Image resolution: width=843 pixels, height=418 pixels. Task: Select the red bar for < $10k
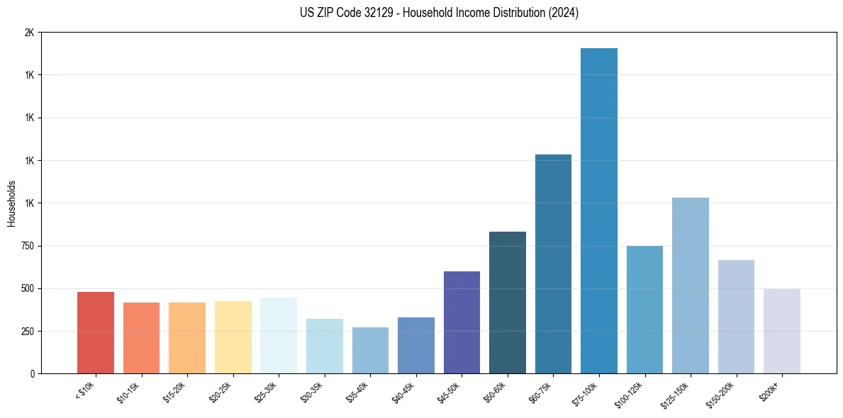[96, 332]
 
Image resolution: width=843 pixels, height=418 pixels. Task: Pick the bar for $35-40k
[370, 350]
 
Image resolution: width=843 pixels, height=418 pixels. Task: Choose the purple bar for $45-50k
[462, 322]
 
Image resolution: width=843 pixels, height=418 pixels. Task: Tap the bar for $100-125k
[644, 310]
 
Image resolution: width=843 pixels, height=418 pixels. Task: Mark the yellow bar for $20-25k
[233, 337]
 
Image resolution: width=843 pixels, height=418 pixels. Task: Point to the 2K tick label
[29, 33]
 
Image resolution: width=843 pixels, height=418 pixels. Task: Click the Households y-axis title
[11, 203]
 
